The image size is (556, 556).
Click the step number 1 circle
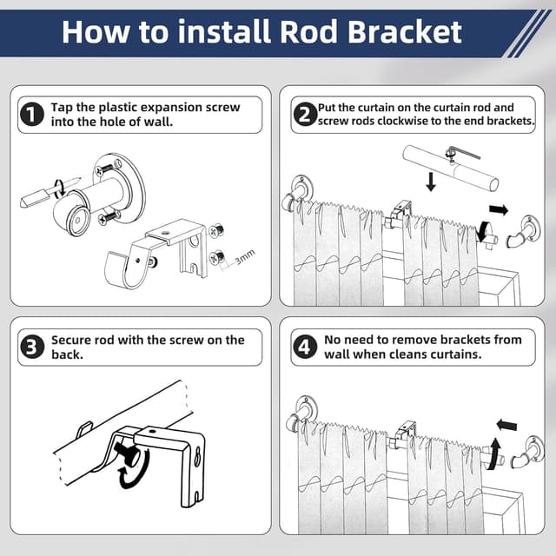(33, 114)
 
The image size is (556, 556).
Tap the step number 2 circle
(304, 114)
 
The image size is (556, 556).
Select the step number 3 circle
(33, 347)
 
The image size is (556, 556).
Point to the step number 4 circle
(304, 347)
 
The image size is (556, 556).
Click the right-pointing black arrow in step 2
(499, 209)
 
